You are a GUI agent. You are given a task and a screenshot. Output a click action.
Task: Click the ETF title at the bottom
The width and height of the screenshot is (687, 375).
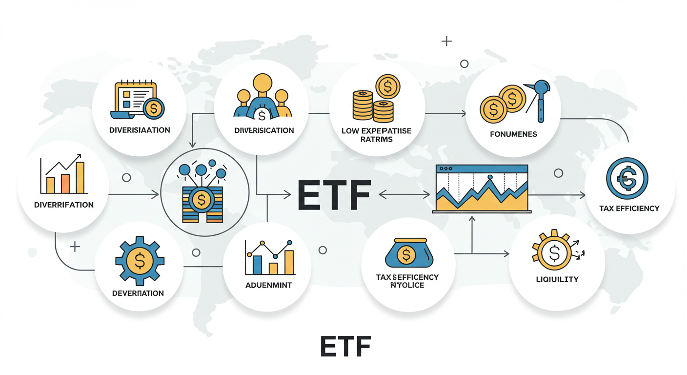tap(345, 346)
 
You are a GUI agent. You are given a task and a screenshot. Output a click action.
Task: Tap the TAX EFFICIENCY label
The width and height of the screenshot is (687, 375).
tap(629, 208)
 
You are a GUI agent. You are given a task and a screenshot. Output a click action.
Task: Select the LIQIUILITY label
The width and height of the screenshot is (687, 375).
tap(557, 279)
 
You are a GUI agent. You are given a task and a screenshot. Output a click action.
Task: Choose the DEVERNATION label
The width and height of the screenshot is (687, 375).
tap(138, 293)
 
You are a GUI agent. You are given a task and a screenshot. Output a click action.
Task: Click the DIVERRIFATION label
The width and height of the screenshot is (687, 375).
tap(64, 205)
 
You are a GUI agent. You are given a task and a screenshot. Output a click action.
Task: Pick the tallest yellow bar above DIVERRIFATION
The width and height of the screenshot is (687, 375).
tap(80, 178)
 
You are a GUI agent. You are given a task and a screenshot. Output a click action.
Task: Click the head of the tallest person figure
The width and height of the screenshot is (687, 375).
tap(263, 82)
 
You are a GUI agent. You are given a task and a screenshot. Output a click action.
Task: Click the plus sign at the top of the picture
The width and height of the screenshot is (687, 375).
tap(446, 41)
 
